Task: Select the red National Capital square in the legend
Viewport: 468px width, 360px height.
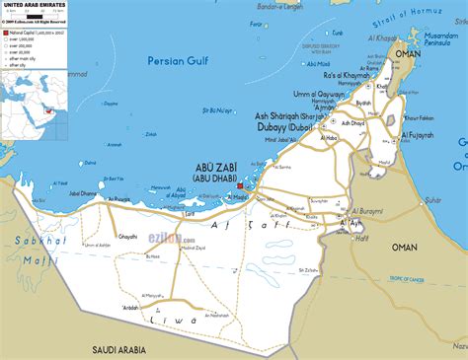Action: [5, 32]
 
